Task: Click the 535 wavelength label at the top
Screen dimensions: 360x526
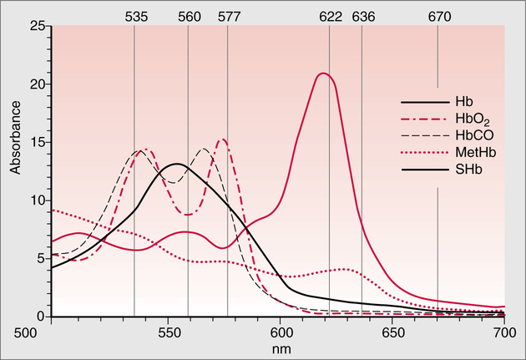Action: [x=135, y=16]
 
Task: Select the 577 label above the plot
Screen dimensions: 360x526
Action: [x=227, y=16]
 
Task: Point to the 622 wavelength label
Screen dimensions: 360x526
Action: [x=329, y=16]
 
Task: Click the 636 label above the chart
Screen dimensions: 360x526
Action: [x=363, y=16]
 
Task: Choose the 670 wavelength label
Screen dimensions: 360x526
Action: [x=439, y=16]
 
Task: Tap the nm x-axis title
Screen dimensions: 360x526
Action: [x=279, y=346]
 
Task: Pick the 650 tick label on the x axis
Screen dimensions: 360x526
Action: [x=392, y=332]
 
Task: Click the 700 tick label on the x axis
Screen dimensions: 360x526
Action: [x=504, y=332]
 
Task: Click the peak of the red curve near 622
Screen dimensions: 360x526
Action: [x=322, y=74]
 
